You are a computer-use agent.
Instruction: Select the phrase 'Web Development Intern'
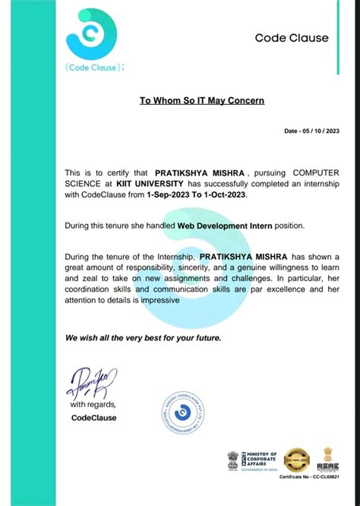219,226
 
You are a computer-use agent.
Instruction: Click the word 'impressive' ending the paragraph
156,300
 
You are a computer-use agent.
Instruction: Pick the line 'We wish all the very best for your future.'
143,337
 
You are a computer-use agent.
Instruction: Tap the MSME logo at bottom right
329,458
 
